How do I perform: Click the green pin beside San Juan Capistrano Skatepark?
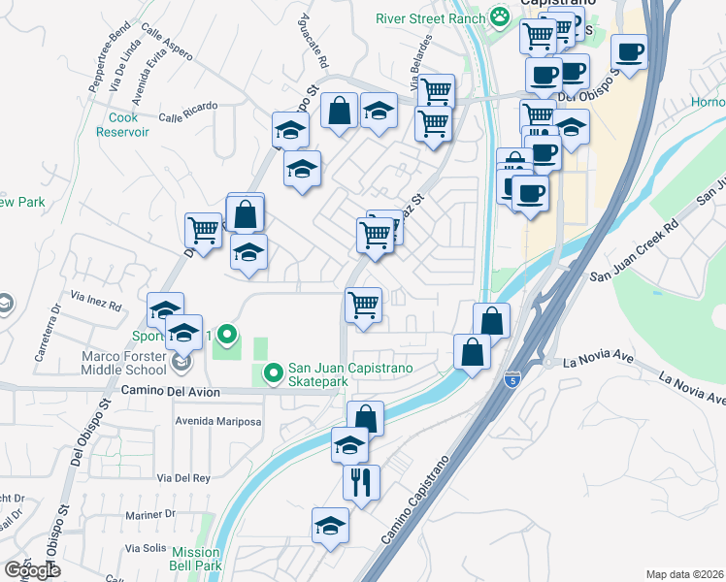pos(273,371)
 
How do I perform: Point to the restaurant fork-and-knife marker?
pos(361,481)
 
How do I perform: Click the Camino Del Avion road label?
pos(171,392)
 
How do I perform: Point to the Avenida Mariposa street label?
pos(218,422)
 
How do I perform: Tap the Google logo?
pos(33,570)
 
